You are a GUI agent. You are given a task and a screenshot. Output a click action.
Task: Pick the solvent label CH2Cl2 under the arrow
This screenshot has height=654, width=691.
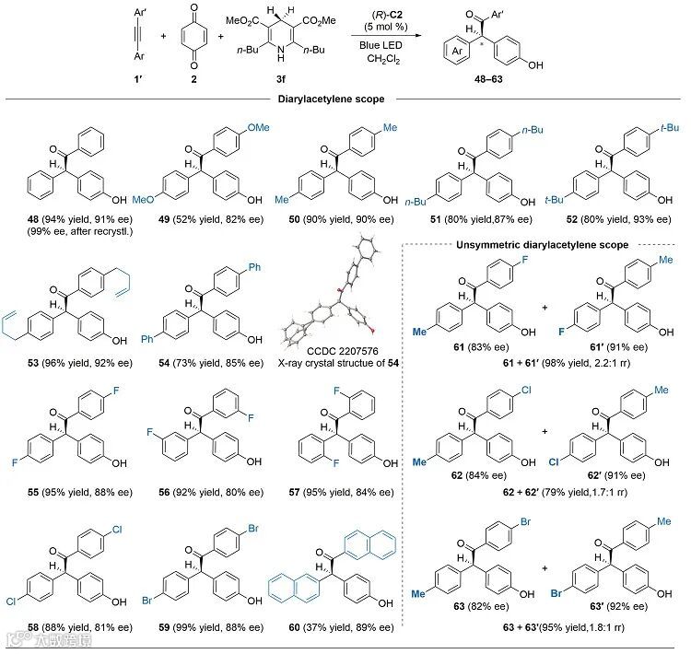tap(376, 63)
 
